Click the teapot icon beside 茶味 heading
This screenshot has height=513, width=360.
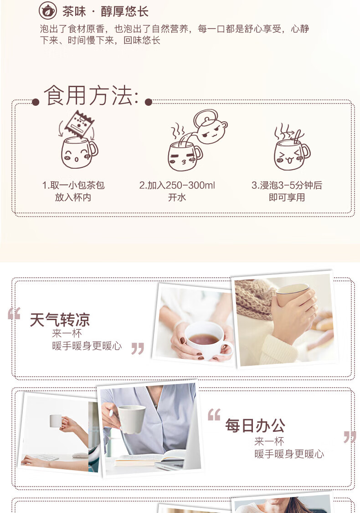[48, 11]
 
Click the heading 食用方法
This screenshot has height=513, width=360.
[91, 96]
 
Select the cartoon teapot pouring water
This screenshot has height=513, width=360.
[209, 126]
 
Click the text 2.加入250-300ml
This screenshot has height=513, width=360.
[177, 186]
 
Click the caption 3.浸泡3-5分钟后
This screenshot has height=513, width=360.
[287, 186]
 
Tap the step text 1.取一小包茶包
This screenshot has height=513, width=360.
[73, 186]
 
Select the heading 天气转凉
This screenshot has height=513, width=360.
[60, 320]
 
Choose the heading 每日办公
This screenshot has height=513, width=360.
[255, 425]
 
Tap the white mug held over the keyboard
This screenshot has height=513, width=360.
[56, 421]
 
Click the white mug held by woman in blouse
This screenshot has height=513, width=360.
[131, 419]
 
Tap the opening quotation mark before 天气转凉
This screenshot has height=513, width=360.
[14, 313]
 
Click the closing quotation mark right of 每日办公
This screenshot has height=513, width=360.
[350, 437]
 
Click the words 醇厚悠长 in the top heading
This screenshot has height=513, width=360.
[124, 12]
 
